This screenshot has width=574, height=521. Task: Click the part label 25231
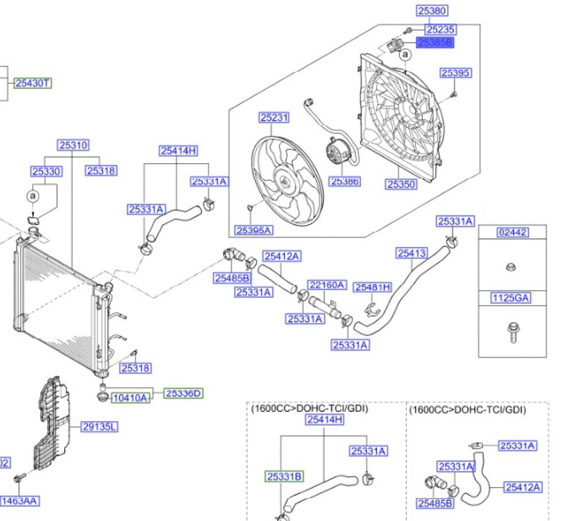274,118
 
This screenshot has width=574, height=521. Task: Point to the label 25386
344,182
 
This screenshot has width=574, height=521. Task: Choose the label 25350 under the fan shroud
401,184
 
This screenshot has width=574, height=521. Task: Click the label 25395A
253,230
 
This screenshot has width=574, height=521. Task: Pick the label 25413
412,253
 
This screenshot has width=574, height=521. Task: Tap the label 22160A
327,285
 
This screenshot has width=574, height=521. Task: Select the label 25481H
373,287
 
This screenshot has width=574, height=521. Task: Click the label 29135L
99,427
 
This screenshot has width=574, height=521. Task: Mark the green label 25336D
184,393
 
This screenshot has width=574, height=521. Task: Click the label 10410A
130,397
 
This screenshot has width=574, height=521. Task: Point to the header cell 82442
513,233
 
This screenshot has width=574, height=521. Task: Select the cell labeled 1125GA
513,298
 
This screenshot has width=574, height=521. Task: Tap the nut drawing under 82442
511,266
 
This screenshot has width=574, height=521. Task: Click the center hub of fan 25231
283,182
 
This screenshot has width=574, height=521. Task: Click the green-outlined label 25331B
284,476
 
